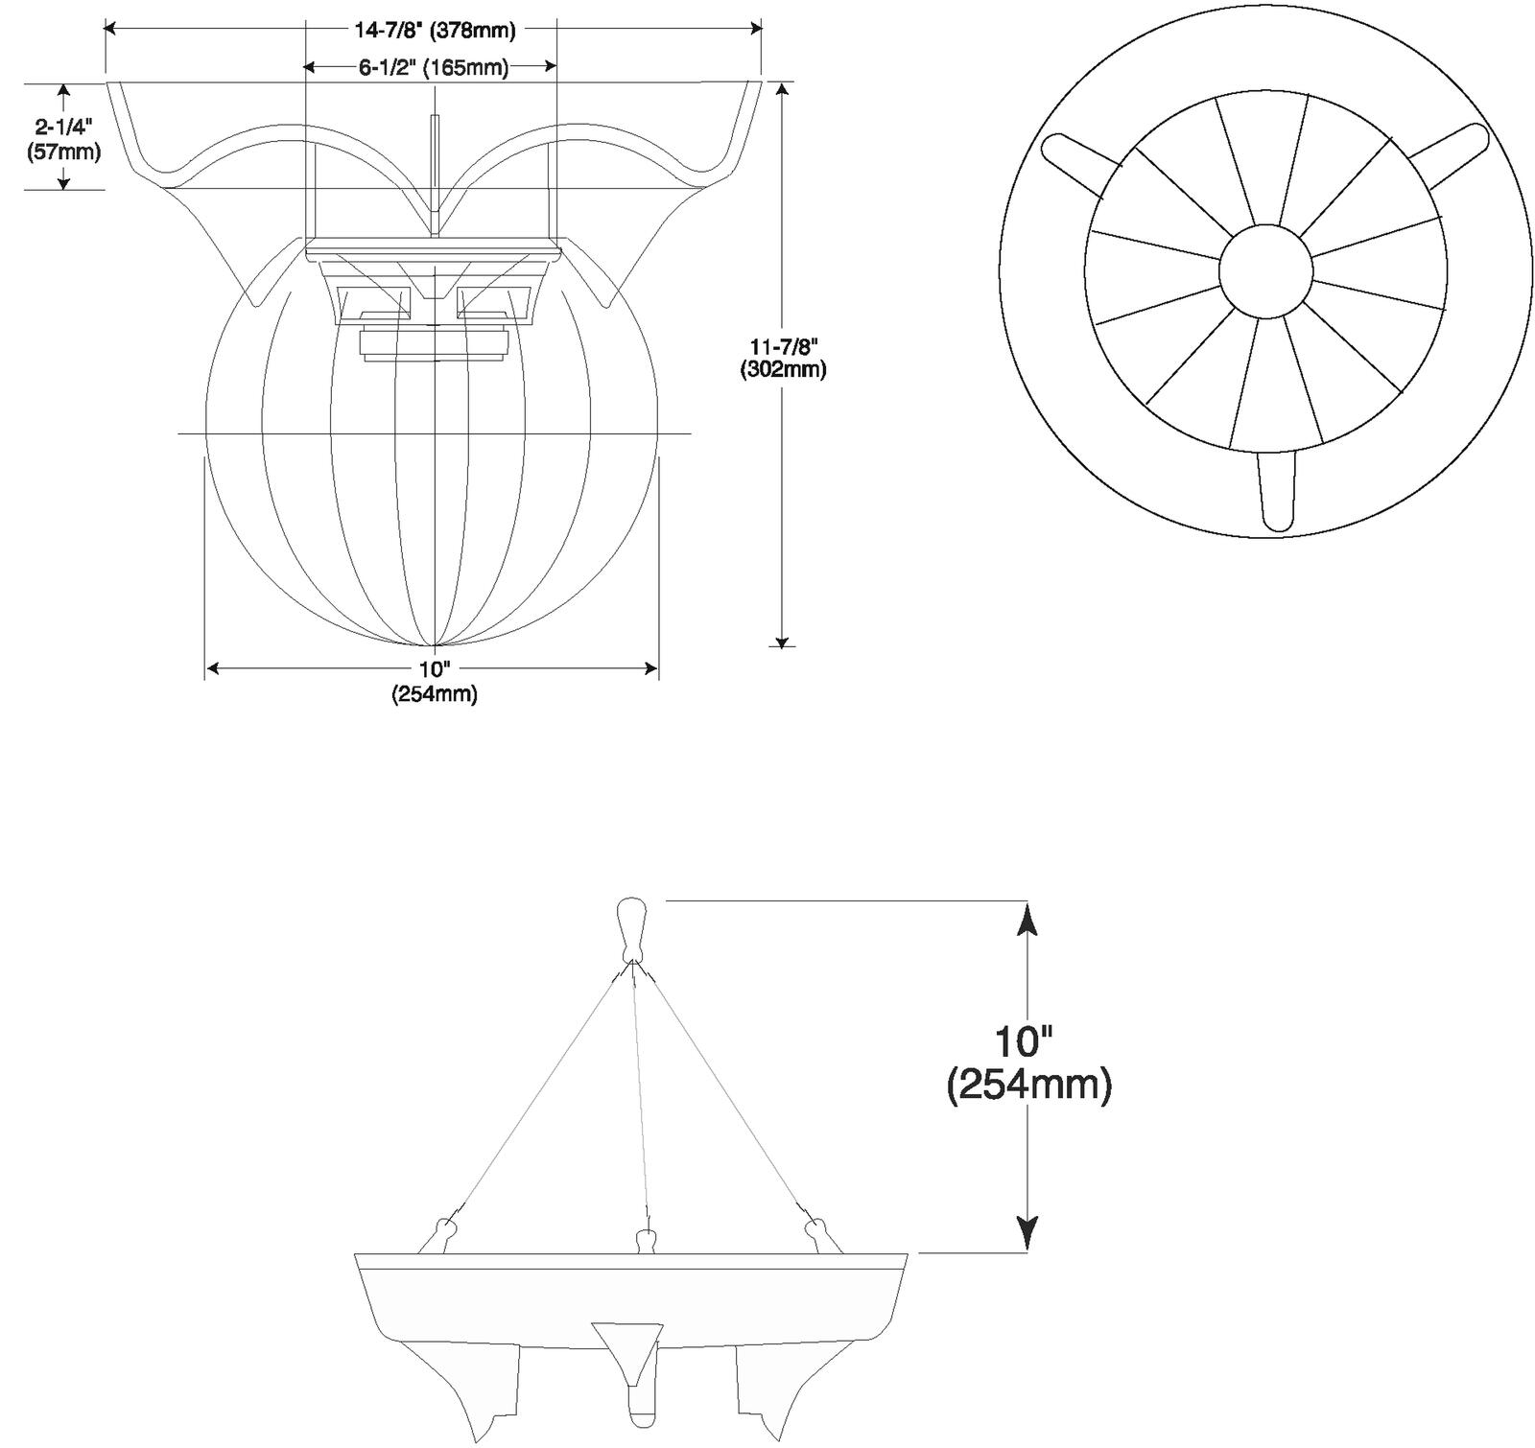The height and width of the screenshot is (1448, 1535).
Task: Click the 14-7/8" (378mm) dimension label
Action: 435,31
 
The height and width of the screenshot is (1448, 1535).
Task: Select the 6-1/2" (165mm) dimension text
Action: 434,67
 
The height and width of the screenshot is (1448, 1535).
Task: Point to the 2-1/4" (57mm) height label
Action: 64,139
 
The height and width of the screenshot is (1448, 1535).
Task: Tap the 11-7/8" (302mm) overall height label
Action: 783,358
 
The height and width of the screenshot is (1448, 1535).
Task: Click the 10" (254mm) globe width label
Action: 434,682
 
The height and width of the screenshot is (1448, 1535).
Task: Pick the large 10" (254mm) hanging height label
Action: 1028,1063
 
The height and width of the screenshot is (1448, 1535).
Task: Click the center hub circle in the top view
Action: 1265,271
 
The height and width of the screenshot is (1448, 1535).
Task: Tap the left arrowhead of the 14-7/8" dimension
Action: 111,29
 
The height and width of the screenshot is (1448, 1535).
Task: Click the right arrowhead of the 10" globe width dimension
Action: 650,668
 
